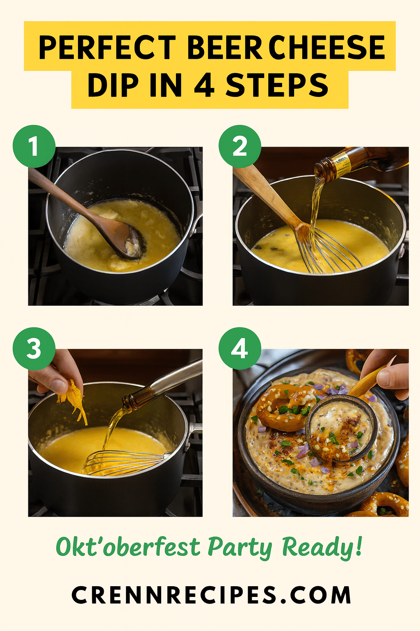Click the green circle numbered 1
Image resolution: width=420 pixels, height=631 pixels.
coord(34,147)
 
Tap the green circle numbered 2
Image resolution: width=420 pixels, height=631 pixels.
coord(240,147)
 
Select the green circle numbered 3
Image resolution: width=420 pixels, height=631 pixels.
coord(34,348)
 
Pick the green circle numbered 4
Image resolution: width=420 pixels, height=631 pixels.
coord(240,348)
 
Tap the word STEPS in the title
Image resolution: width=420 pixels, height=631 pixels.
coord(277,85)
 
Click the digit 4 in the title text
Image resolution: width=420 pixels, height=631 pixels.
coord(204,85)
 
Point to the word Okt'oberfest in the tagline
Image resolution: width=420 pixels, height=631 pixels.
coord(128,547)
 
